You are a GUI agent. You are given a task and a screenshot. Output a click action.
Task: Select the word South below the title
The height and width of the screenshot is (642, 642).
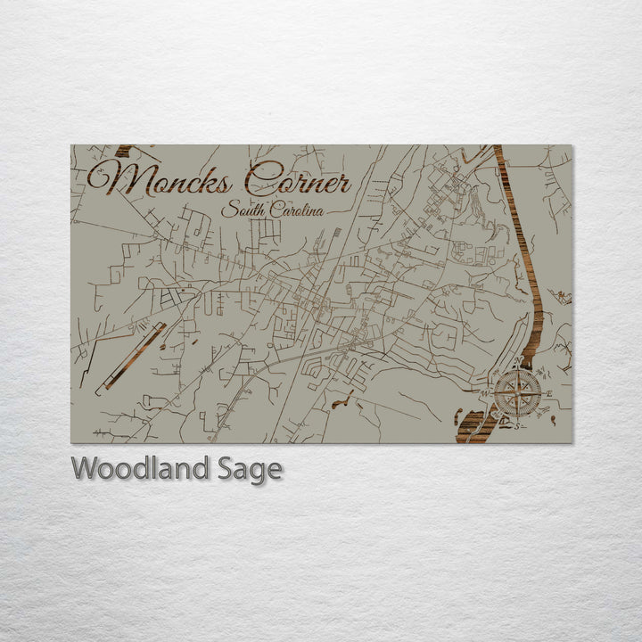click(242, 210)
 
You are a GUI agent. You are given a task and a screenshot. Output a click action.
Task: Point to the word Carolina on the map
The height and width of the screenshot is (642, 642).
click(294, 211)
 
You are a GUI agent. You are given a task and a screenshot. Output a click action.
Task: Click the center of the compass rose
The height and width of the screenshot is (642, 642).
click(517, 390)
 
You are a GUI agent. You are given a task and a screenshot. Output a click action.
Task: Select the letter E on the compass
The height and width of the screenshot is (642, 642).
click(549, 393)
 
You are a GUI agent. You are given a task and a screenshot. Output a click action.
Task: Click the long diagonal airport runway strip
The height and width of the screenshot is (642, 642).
click(132, 356)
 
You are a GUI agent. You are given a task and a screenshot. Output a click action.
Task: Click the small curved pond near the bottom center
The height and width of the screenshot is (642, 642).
click(342, 400)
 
